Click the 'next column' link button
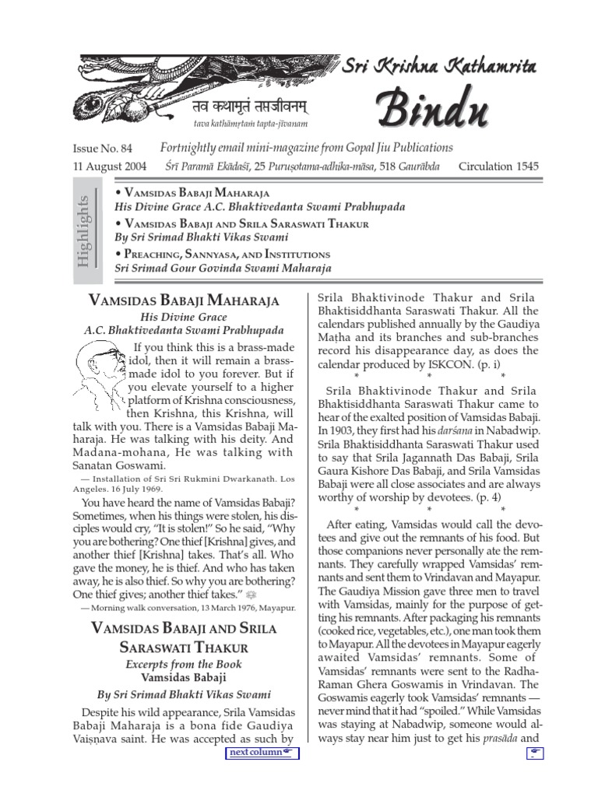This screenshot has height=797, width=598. tap(262, 753)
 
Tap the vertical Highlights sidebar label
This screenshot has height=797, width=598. tap(83, 232)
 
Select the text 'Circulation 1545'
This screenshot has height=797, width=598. tap(498, 166)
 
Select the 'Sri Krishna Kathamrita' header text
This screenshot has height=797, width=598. tap(440, 69)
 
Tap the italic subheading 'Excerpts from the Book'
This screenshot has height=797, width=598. tap(184, 664)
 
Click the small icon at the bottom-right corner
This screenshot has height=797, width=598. tap(534, 753)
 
